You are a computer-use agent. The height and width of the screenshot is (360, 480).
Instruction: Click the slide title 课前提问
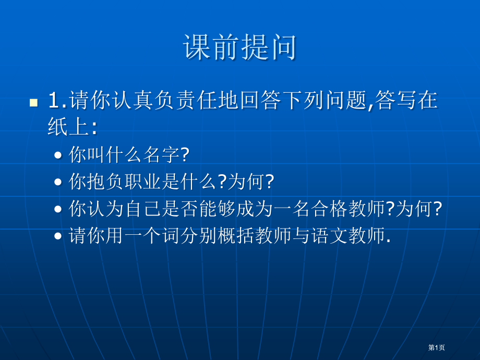pyautogui.click(x=239, y=47)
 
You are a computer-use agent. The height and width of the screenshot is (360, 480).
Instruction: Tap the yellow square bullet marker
pyautogui.click(x=34, y=103)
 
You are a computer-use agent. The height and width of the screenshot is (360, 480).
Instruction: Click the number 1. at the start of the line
pyautogui.click(x=57, y=100)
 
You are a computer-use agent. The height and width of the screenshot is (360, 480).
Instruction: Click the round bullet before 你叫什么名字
pyautogui.click(x=58, y=155)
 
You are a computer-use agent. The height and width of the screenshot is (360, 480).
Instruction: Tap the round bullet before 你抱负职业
pyautogui.click(x=58, y=182)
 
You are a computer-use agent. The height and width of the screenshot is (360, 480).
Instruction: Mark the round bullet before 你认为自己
pyautogui.click(x=58, y=209)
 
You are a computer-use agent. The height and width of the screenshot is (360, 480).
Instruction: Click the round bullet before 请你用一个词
pyautogui.click(x=58, y=236)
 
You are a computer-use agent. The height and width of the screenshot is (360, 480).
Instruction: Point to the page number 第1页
pyautogui.click(x=437, y=347)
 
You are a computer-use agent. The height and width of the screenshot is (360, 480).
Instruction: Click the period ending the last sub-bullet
pyautogui.click(x=389, y=242)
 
